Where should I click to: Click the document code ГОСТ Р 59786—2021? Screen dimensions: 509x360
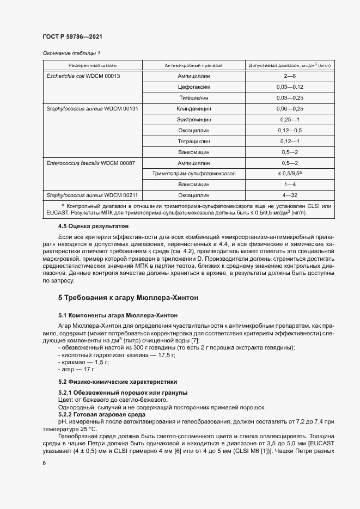pyautogui.click(x=72, y=36)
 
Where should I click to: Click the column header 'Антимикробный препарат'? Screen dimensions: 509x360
pyautogui.click(x=193, y=65)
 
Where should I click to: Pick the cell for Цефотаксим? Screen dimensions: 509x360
pyautogui.click(x=193, y=87)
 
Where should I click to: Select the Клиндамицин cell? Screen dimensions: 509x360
pyautogui.click(x=193, y=109)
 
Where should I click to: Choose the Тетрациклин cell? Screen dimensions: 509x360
pyautogui.click(x=193, y=142)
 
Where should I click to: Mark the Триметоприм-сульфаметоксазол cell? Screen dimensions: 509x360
pyautogui.click(x=193, y=174)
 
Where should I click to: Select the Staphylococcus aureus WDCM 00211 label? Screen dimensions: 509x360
pyautogui.click(x=91, y=195)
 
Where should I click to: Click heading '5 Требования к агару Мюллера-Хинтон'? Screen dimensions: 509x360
pyautogui.click(x=129, y=298)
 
